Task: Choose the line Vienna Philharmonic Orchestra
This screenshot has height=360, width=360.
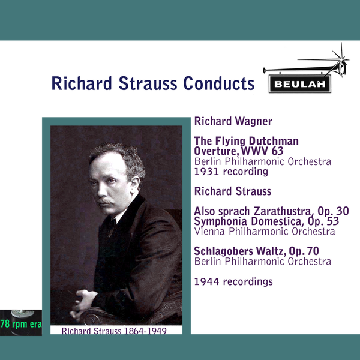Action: coord(265,231)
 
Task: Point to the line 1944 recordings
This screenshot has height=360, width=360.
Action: coord(233,281)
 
